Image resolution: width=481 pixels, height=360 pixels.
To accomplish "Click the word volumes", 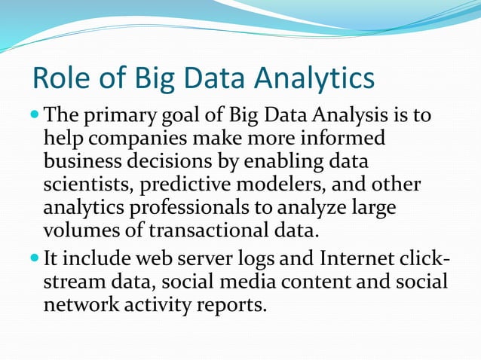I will (78, 230).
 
